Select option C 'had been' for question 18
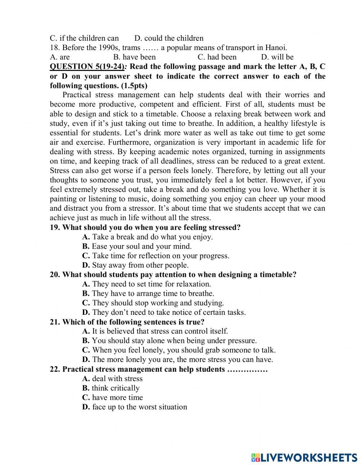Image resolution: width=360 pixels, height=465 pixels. coord(217,57)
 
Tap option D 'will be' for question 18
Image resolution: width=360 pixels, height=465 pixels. coord(277,57)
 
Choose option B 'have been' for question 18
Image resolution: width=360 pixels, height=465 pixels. coord(135,57)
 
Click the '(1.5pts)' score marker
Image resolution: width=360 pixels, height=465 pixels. coord(134,86)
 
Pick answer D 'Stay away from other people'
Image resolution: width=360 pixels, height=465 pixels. coord(135,265)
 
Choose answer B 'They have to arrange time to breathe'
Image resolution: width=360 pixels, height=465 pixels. coord(148,294)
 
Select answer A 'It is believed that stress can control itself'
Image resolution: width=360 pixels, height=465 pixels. coord(155,331)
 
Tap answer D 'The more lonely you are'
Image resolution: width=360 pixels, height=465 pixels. coord(177,359)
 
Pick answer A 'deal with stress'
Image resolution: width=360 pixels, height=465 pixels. coord(112,379)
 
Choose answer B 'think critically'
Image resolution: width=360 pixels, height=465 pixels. coord(111,388)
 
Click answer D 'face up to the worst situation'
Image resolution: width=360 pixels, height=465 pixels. coord(135,407)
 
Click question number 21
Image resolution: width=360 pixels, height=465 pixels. coord(55,322)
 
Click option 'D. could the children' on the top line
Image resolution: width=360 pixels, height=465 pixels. coord(169,38)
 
